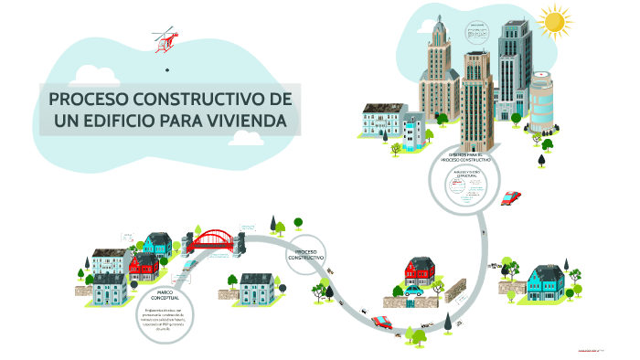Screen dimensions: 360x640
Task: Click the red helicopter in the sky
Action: coord(166,39)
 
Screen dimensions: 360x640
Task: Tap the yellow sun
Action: coord(553,21)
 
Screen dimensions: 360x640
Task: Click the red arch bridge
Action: coord(217,240)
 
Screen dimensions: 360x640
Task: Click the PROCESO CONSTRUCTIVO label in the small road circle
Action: coord(306,255)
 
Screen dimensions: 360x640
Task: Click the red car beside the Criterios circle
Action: coord(511,197)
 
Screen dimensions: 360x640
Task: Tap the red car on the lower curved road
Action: coord(382,322)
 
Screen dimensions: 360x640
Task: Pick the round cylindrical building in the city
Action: coord(542,101)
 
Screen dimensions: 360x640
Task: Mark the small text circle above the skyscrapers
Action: coord(477,35)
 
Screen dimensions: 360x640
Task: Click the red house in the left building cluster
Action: coord(144,265)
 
